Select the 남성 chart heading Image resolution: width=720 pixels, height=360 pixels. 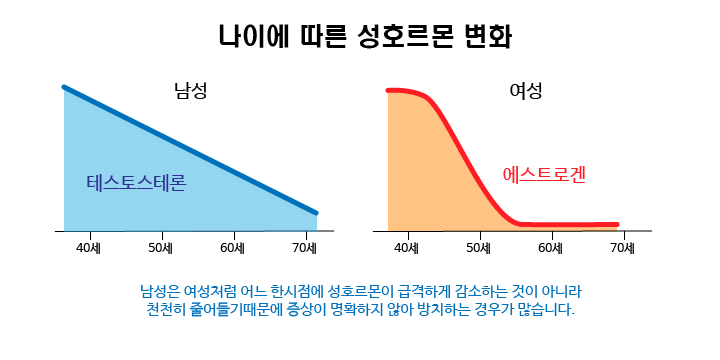coord(191,90)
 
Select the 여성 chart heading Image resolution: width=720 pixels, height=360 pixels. coord(526,91)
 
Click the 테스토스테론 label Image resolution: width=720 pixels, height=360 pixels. coord(136,183)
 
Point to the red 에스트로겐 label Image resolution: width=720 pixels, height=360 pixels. coord(544,175)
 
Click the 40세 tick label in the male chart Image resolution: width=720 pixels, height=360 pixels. coord(89,248)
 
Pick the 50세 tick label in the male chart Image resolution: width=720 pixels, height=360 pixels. coord(161,248)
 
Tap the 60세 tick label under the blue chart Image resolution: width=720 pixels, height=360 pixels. coord(233,248)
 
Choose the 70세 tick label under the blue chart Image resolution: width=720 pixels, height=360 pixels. coord(305,248)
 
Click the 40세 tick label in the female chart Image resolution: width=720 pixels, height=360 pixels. coord(407,248)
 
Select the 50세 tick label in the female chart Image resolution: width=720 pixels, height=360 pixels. coord(479,248)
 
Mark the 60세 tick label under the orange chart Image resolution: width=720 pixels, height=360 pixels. coord(551,248)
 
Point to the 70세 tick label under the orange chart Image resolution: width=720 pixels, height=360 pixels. coord(623,248)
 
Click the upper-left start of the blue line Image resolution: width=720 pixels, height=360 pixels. coord(64,87)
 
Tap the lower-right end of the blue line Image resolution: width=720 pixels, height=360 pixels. coord(316,213)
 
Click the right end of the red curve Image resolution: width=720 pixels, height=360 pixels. coord(617,225)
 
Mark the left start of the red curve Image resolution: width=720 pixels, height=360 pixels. coord(388,90)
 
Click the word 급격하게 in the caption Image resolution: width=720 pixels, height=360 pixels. coord(419,291)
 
